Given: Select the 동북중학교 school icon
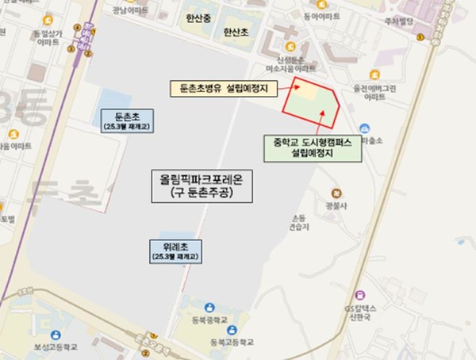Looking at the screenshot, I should tap(207, 308).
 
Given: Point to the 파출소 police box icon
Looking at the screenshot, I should tap(364, 129).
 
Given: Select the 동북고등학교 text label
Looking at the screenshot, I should tap(231, 342).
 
